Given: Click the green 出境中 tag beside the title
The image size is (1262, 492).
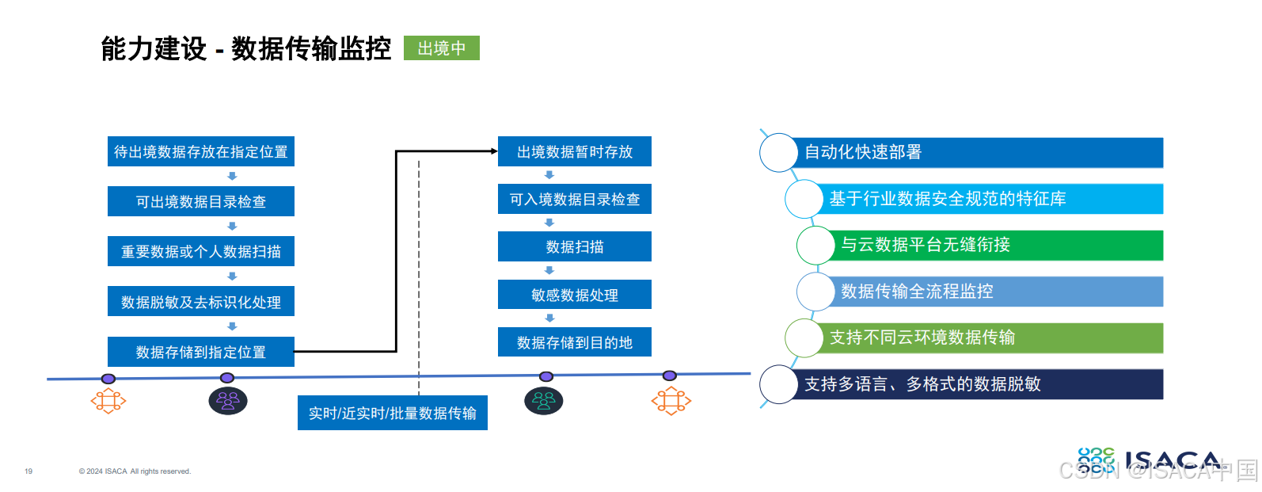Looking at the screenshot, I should tap(441, 48).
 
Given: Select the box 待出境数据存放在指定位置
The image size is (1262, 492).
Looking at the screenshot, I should tap(201, 151).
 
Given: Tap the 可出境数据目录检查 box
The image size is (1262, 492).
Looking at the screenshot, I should tap(201, 201).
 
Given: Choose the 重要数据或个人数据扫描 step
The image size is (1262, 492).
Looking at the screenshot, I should tap(201, 251).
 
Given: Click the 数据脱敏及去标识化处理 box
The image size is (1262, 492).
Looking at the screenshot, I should tap(201, 302).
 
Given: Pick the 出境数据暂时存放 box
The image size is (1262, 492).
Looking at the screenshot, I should tap(575, 151).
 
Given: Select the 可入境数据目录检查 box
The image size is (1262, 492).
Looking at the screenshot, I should tap(575, 199).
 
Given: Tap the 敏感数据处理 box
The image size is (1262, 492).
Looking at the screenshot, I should tap(575, 295).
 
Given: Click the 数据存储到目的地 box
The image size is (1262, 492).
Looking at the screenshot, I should tap(575, 342).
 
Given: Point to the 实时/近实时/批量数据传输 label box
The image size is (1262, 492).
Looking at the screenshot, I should tap(393, 413).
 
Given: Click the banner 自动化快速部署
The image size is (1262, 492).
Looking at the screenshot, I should tap(980, 152).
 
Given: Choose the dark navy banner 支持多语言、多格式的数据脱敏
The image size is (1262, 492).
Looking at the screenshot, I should tap(980, 384).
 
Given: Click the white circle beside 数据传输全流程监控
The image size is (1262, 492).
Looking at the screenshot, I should tap(815, 292).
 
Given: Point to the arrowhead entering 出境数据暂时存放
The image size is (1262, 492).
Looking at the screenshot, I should tap(494, 151).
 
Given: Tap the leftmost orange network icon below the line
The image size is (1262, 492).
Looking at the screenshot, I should tap(108, 402).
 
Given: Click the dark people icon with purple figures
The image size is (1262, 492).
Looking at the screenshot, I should tap(228, 401).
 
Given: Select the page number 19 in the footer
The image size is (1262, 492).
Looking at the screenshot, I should tap(29, 471).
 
